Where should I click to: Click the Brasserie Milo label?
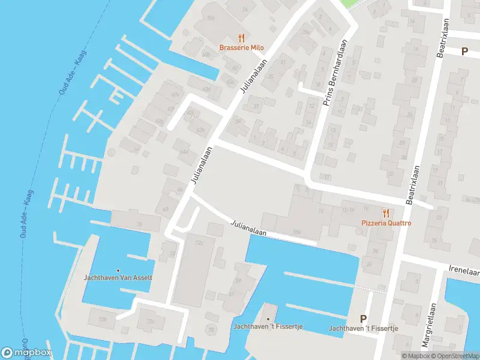click(241, 48)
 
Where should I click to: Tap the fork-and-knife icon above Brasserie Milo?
click(241, 37)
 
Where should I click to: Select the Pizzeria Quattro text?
click(386, 223)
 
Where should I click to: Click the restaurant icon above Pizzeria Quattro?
click(386, 212)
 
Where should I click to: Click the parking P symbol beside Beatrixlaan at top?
click(464, 51)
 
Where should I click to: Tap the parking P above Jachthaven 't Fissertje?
click(362, 319)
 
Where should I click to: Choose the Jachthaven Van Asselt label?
click(118, 278)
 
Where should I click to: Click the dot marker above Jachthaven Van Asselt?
click(118, 270)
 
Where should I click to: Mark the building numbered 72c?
click(199, 243)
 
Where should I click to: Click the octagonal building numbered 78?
click(211, 329)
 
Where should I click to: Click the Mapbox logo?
click(27, 353)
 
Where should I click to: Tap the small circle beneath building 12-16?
click(359, 232)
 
